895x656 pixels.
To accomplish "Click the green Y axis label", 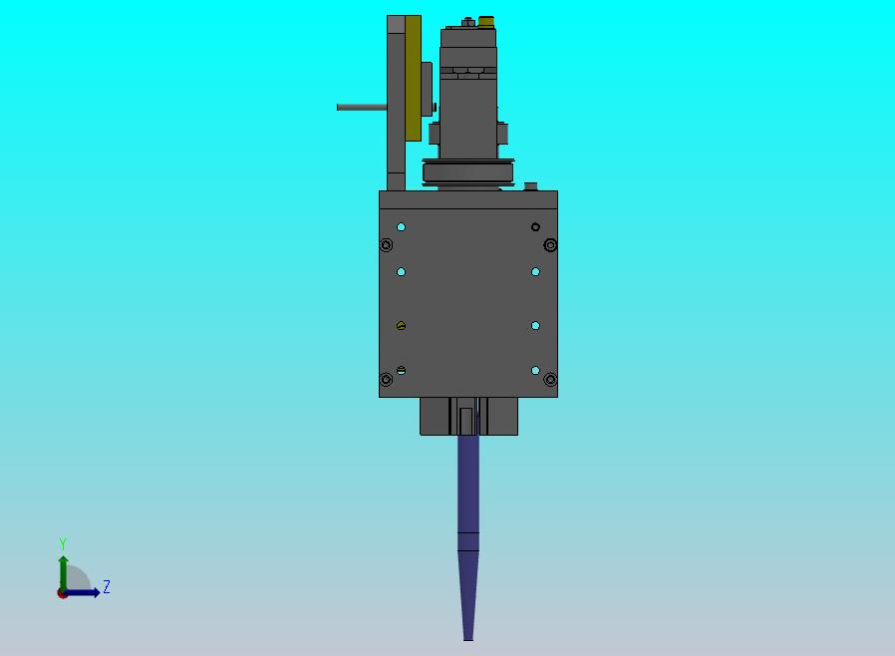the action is [x=63, y=543].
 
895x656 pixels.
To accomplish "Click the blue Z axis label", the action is [x=107, y=586].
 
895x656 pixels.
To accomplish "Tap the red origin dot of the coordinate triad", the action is [x=62, y=594].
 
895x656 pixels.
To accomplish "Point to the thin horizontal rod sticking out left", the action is [x=362, y=107].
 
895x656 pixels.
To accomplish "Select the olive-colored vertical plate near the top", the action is [x=414, y=78].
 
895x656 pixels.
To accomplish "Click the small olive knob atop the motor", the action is [x=486, y=22].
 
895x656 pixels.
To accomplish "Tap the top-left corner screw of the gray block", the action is [x=386, y=245].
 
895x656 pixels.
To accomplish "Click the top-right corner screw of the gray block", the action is [x=550, y=245].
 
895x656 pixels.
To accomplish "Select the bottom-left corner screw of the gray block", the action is [x=386, y=379].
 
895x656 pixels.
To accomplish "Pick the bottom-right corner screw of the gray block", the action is [x=550, y=379].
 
